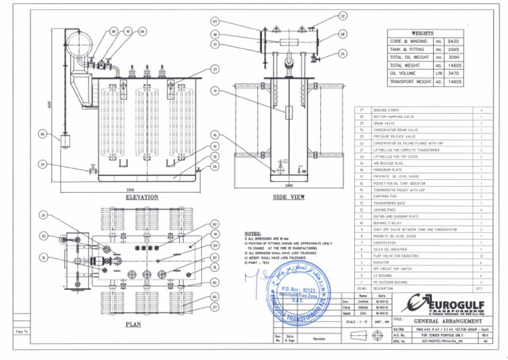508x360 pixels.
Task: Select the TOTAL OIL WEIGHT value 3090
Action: (x=462, y=58)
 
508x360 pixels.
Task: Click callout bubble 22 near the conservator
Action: (x=343, y=15)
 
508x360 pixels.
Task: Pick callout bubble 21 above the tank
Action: (x=215, y=69)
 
